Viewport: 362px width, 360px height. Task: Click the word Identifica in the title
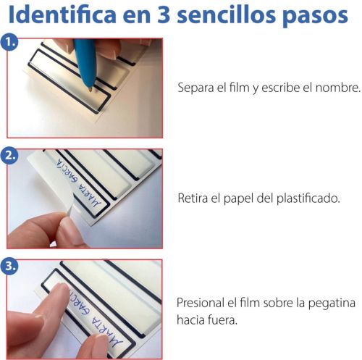coord(62,14)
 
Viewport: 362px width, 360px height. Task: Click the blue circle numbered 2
coord(9,155)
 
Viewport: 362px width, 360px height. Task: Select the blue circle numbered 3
coord(9,266)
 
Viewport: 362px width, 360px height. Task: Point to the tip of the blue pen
coord(90,91)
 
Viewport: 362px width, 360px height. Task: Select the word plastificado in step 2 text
coord(308,199)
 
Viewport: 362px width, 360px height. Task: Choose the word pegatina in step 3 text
coord(332,304)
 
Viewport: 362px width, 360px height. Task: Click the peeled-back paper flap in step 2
coord(49,183)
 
